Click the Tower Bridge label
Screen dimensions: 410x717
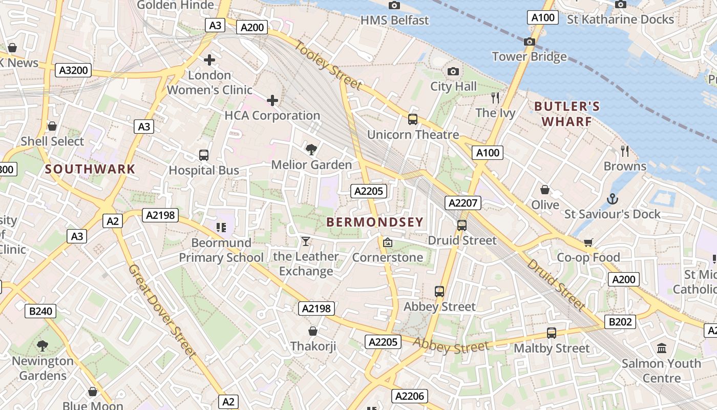tap(529, 56)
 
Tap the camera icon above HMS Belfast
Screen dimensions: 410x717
tap(394, 5)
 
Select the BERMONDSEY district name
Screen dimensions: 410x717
tap(375, 222)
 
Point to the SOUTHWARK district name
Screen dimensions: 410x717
tap(90, 169)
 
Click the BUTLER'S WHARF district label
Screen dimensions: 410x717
tap(566, 114)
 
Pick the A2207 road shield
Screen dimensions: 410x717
tap(462, 203)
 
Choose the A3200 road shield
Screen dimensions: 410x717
tap(73, 70)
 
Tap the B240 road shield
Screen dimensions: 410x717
tap(40, 311)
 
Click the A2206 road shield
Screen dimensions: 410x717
tap(410, 396)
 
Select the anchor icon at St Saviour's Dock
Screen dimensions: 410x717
tap(612, 198)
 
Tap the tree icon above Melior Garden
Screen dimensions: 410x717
tap(311, 149)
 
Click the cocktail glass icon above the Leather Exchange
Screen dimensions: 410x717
tap(306, 241)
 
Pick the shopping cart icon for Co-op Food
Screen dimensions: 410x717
tap(588, 242)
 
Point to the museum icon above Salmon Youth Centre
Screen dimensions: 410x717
tap(661, 348)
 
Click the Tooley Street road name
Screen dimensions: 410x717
tap(328, 65)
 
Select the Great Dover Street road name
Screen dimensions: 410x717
tap(162, 311)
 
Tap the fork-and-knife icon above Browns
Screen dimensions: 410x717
tap(625, 151)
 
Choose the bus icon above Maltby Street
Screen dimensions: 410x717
tap(551, 333)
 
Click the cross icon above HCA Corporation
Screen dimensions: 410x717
tap(272, 100)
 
